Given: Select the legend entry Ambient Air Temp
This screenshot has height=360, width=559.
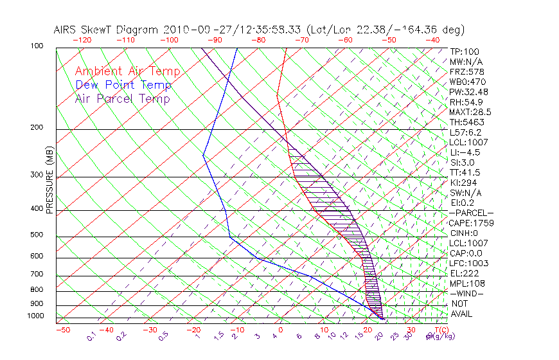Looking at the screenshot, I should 127,71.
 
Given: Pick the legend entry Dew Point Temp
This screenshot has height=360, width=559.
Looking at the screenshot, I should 123,85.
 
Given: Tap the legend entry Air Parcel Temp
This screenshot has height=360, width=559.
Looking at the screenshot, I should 122,98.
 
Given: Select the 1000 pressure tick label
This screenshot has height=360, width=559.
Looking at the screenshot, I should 36,316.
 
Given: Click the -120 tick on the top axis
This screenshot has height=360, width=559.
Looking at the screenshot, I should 82,40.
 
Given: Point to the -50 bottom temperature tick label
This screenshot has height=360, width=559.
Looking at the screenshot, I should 62,330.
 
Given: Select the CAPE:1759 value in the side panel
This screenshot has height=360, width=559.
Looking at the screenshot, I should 471,223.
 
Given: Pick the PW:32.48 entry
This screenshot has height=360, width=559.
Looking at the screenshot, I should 469,92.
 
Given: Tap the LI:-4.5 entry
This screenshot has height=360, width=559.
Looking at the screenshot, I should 465,152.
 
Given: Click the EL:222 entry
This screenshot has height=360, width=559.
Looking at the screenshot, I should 463,273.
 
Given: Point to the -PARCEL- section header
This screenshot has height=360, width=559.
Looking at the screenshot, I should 472,213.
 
